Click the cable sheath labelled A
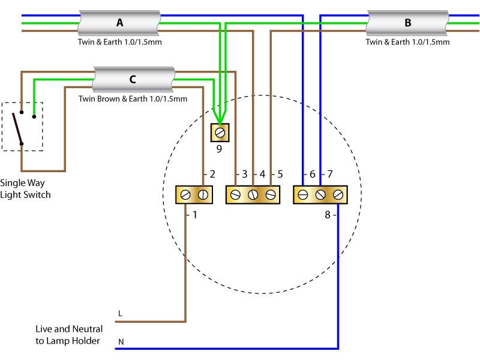[x=119, y=23]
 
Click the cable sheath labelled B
[x=408, y=23]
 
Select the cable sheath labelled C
[x=133, y=79]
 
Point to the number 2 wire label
[x=212, y=175]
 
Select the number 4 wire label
[x=262, y=175]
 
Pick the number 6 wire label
[x=311, y=175]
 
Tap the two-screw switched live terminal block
[x=194, y=194]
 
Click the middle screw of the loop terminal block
[x=253, y=194]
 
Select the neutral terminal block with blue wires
[x=320, y=194]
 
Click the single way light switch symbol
[x=22, y=127]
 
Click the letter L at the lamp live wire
[x=121, y=314]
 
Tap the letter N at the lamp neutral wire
[x=121, y=342]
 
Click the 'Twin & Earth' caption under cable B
[x=408, y=43]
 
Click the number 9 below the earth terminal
[x=219, y=149]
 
